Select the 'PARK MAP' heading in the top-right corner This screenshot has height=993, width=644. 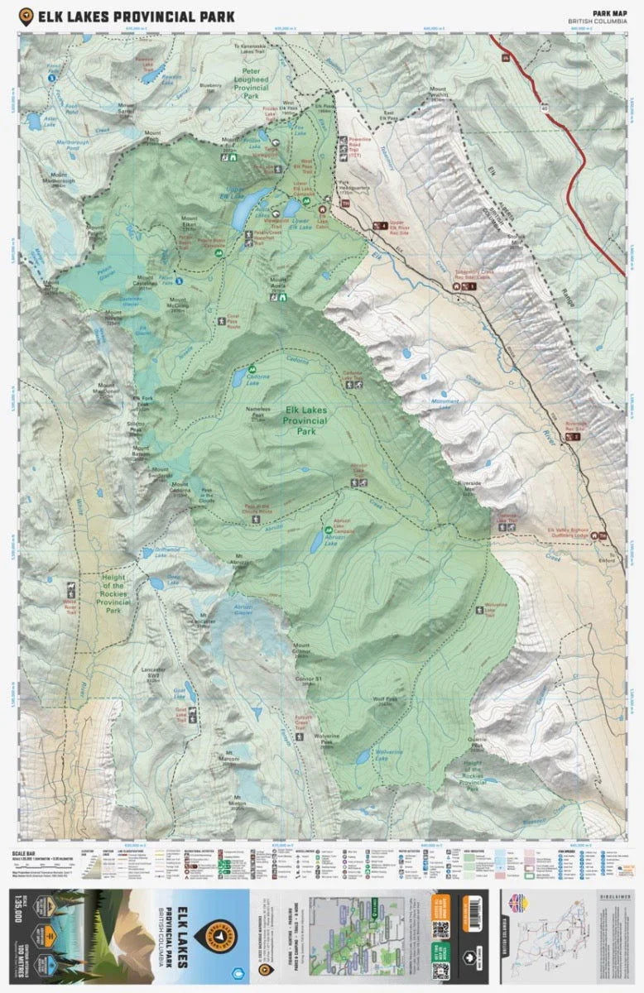608,12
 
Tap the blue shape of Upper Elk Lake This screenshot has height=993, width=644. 246,214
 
